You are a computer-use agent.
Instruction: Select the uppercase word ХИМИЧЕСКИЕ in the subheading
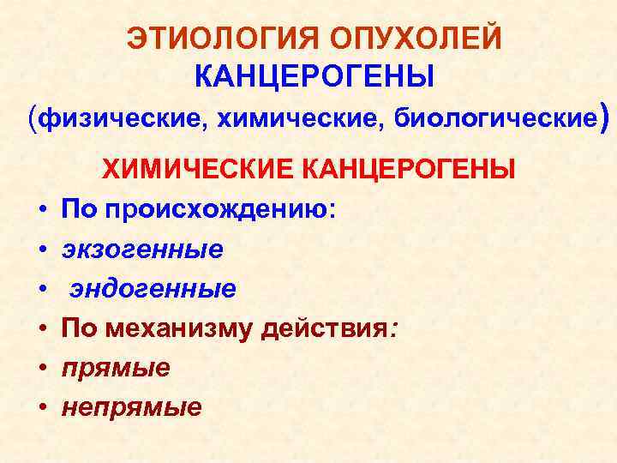pos(199,170)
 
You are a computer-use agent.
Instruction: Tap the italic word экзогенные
pos(142,250)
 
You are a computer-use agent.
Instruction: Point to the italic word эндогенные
pos(153,289)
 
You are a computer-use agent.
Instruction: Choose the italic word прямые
pos(116,368)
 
